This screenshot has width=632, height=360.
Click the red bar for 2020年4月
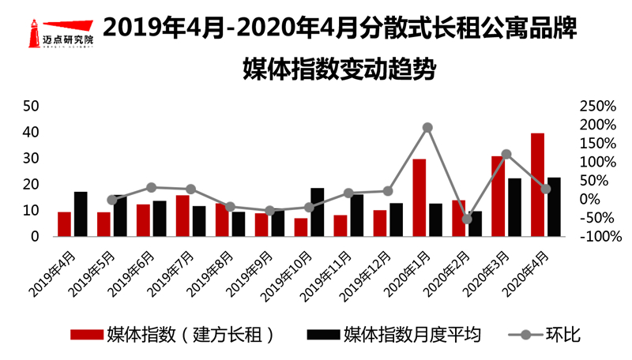pos(537,185)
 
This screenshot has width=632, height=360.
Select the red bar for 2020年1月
pos(419,197)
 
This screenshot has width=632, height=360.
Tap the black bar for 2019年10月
pos(317,212)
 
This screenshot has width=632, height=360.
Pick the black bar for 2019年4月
pos(81,214)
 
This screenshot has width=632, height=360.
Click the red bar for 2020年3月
pos(498,196)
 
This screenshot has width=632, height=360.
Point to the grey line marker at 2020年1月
pos(427,127)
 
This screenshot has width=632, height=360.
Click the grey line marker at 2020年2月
pos(467,219)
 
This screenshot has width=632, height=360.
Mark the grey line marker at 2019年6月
pos(152,187)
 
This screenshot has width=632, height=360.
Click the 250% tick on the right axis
pos(597,106)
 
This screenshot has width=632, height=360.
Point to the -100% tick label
pos(596,237)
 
